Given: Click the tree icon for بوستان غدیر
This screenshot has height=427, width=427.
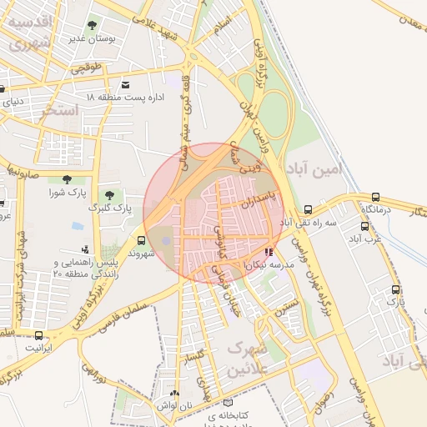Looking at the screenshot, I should pos(90,26).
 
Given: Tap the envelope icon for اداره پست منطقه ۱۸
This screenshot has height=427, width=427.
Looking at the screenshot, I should pos(125,85).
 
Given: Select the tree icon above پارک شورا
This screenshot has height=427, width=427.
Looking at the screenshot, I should pos(67,179).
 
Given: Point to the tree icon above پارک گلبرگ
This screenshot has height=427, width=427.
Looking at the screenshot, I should pos(109,194).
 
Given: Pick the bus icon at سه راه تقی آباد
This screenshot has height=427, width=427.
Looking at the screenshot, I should pos(309,210).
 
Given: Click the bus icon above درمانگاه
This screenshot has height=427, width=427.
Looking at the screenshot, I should pos(375,198).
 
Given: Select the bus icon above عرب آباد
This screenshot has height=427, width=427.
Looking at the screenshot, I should pos(364,226).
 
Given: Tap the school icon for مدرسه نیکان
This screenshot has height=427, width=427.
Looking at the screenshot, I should pos(268,252).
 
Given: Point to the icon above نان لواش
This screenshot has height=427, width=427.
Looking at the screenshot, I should pos(174,394).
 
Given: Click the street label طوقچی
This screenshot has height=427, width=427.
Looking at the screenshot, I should pos(85,69).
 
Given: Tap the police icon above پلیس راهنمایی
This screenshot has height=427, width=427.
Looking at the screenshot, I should pos(84,249).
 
